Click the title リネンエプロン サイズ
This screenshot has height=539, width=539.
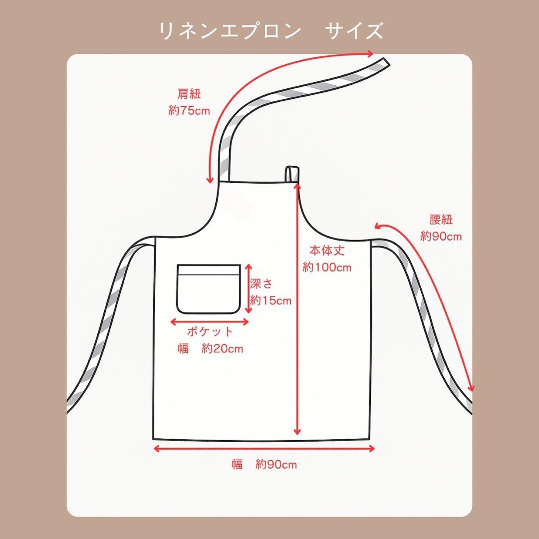click(271, 31)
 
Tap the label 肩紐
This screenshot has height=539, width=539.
click(189, 94)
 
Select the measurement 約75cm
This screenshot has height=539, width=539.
click(189, 110)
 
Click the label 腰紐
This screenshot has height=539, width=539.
click(441, 220)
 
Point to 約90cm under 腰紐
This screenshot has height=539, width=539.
click(441, 236)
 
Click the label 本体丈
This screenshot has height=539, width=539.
click(327, 251)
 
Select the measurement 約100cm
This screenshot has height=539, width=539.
click(327, 268)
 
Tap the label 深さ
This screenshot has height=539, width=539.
click(262, 284)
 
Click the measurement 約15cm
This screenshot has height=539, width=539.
click(270, 300)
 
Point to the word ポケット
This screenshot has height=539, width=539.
click(210, 332)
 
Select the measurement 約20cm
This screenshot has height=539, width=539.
click(223, 348)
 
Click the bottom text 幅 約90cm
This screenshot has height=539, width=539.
click(264, 465)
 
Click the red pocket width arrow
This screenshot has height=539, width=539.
click(210, 322)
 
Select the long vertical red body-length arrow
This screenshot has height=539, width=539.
click(298, 309)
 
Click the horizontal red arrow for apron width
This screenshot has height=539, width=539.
click(264, 448)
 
